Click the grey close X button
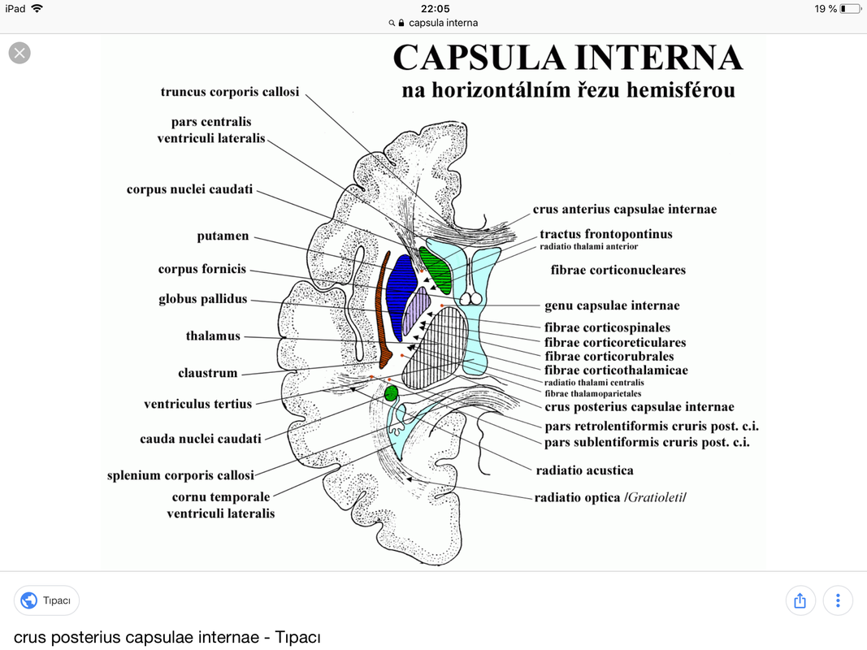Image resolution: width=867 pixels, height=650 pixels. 20,53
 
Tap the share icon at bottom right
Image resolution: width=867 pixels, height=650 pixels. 800,600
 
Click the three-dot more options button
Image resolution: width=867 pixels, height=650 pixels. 838,600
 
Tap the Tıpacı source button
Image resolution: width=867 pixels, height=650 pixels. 46,600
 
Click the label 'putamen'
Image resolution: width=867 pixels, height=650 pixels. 223,236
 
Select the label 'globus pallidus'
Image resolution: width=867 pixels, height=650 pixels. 203,299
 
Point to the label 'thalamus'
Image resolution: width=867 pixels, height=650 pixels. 213,336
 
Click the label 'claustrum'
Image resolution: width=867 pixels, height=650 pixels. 207,373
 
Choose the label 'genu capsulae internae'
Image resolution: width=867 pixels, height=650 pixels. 612,305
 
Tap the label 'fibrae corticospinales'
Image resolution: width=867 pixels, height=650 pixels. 607,327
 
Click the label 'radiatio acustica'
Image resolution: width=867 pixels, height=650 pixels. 584,470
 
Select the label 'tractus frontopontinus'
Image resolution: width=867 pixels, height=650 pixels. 606,234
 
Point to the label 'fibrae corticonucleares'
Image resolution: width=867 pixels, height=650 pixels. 618,270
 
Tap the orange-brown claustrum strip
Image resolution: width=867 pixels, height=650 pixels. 383,310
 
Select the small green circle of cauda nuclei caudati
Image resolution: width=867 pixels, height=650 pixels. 391,393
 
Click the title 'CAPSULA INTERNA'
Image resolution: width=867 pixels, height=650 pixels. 568,58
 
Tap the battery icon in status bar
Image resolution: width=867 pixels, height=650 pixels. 851,9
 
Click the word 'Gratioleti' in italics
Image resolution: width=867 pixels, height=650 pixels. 655,497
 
